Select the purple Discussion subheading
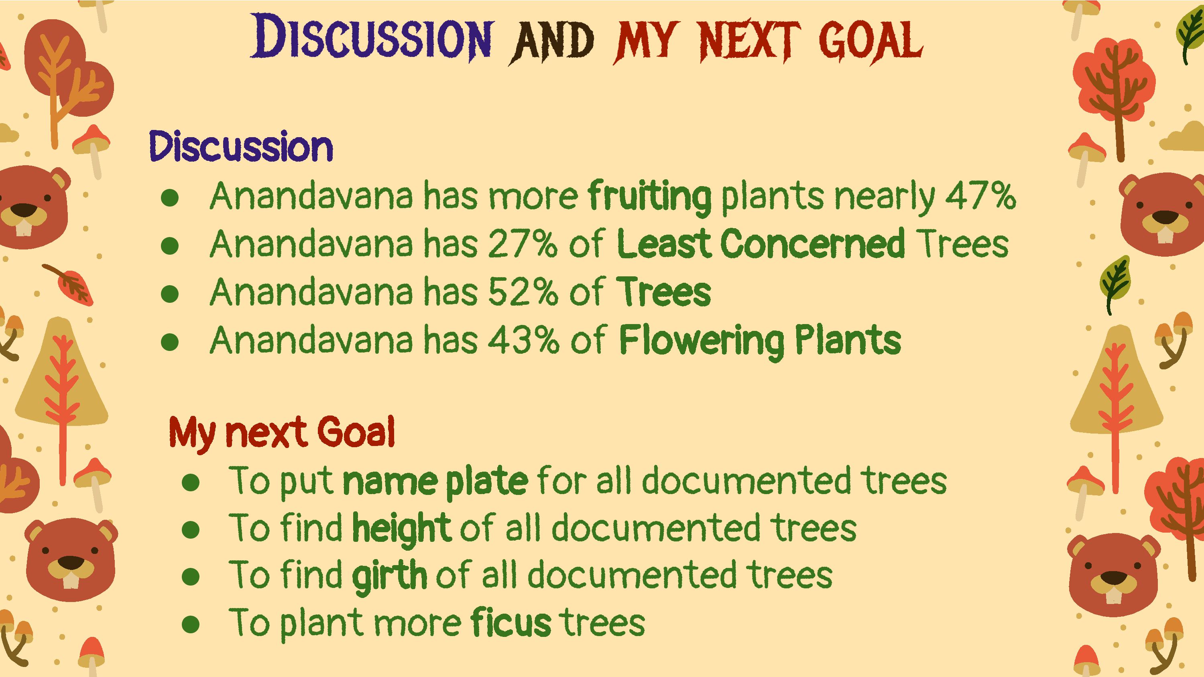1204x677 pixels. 241,147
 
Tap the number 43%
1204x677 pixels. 523,340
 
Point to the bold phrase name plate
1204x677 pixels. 435,482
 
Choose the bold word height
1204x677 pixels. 401,529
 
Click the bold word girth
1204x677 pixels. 389,577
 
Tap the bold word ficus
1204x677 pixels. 511,622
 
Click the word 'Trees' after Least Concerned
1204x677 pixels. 962,244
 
